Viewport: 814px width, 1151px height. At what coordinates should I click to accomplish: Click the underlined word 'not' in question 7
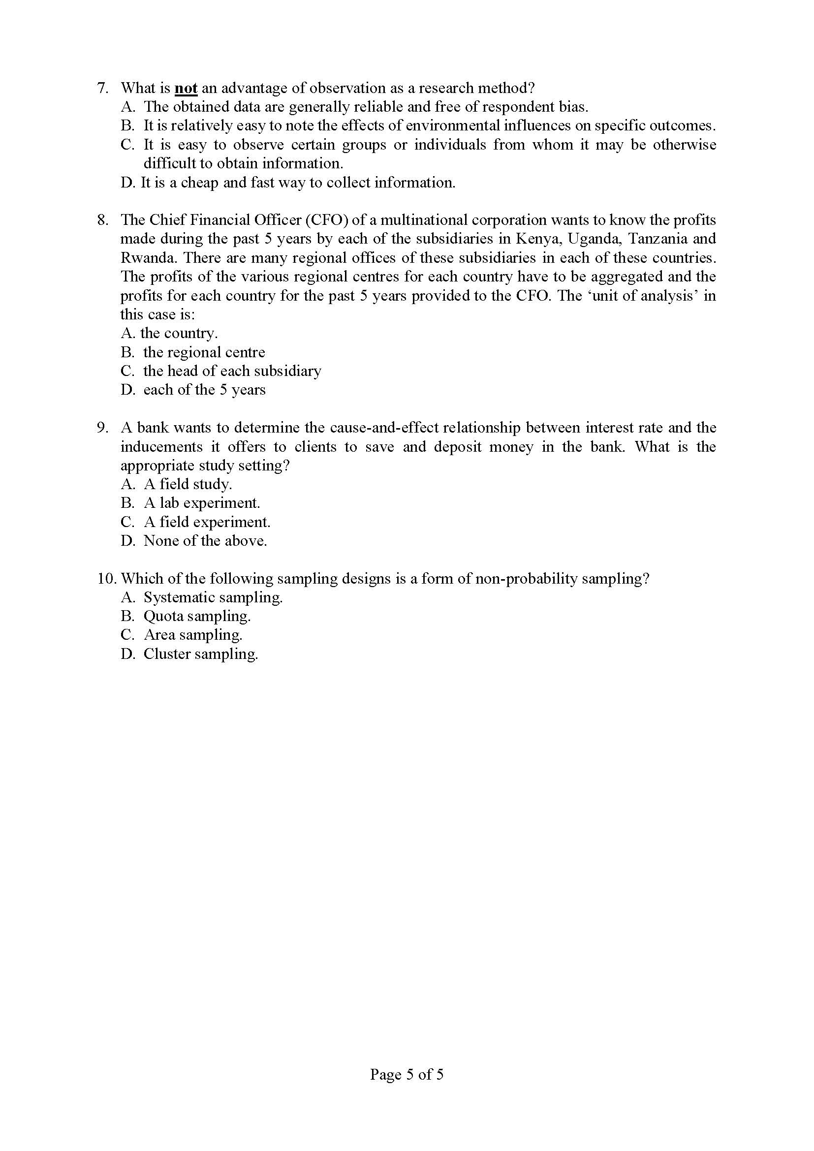pyautogui.click(x=186, y=89)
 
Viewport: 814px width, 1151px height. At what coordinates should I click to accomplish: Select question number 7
pyautogui.click(x=102, y=89)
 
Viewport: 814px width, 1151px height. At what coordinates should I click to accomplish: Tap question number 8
pyautogui.click(x=102, y=220)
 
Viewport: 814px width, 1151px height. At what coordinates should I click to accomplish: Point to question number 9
pyautogui.click(x=102, y=428)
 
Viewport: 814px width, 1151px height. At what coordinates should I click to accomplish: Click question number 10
pyautogui.click(x=107, y=579)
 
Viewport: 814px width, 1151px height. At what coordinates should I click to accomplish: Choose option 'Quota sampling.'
pyautogui.click(x=197, y=616)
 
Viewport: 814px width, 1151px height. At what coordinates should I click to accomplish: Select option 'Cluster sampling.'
pyautogui.click(x=200, y=654)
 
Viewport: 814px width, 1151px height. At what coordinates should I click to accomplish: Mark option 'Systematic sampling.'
pyautogui.click(x=213, y=597)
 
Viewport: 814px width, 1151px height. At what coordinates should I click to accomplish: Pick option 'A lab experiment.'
pyautogui.click(x=201, y=503)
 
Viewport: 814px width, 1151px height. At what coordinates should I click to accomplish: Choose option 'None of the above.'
pyautogui.click(x=205, y=541)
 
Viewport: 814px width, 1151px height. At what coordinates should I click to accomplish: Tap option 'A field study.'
pyautogui.click(x=188, y=484)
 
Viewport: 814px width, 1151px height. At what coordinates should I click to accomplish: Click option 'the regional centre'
pyautogui.click(x=204, y=352)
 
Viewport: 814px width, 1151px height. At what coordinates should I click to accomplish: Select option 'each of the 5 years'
pyautogui.click(x=204, y=390)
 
